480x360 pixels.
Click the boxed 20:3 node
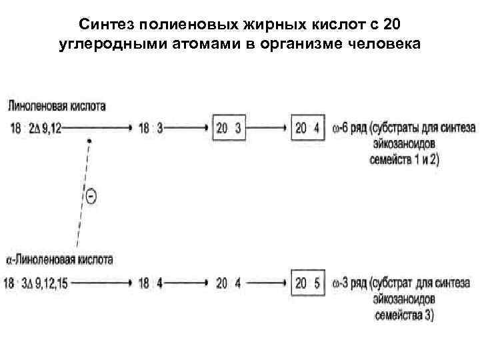(229, 128)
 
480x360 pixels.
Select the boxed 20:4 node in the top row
(307, 128)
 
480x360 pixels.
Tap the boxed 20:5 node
(307, 283)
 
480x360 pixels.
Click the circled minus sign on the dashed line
(91, 196)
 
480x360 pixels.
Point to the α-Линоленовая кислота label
(59, 259)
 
